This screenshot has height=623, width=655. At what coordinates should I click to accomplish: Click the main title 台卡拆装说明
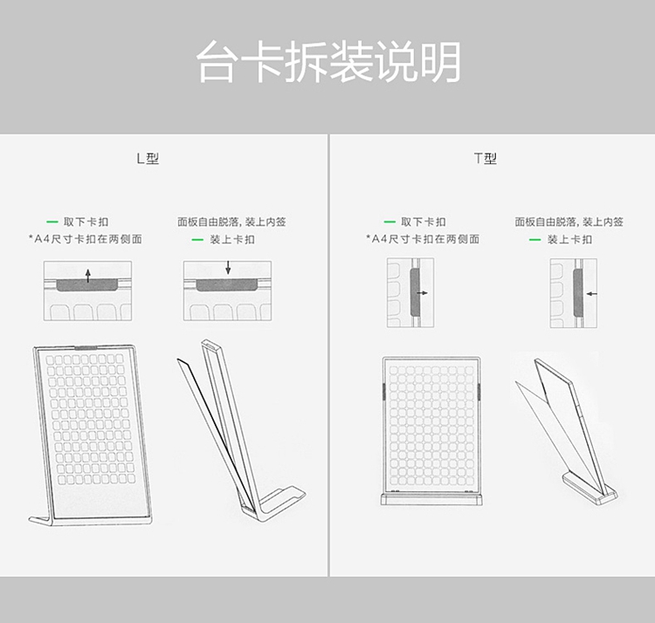coord(328,62)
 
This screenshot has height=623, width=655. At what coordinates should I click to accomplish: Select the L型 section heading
coord(148,158)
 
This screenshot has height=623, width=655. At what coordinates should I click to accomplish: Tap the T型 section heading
coord(486,158)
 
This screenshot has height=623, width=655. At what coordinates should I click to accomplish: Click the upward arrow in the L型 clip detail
coord(87,276)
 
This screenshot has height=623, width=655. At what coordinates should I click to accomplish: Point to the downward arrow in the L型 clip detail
coord(228,268)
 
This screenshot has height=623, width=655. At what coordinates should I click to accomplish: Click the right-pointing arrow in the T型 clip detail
coord(423,293)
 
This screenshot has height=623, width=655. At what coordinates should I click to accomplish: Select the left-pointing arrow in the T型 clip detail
coord(592,294)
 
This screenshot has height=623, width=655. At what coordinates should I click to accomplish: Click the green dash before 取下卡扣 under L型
coord(52,222)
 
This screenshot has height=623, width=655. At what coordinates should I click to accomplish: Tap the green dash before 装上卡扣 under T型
coord(534,240)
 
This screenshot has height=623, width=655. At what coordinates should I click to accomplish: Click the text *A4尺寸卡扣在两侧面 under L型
coord(86,239)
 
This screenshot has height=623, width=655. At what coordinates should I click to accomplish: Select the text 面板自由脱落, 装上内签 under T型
coord(569,222)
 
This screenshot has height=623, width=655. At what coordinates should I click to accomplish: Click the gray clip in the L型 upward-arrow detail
coord(87,285)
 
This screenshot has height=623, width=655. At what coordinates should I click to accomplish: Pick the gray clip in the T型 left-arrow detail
coord(578,292)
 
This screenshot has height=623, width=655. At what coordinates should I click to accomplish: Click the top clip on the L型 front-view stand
coord(86,346)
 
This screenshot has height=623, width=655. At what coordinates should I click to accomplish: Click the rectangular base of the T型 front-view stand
coord(432,499)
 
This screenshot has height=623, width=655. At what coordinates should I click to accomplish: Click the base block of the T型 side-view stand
coord(589,489)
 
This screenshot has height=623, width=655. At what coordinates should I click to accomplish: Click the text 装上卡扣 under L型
coord(232,240)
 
